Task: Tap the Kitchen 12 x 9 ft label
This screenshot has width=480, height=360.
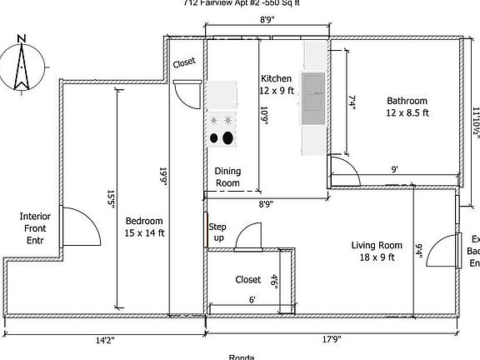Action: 277,84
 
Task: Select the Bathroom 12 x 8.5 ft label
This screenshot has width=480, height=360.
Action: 407,107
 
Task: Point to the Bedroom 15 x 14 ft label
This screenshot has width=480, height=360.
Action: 145,227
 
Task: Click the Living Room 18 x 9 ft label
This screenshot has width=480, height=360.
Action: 377,251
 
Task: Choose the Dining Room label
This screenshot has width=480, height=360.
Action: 227,177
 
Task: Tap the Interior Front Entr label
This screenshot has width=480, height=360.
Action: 35,228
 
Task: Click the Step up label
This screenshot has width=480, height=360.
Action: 217,232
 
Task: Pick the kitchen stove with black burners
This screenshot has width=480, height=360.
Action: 223,130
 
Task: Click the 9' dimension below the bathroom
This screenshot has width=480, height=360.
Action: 394,169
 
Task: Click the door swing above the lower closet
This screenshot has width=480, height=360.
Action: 248,237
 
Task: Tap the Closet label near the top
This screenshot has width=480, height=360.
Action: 184,62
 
